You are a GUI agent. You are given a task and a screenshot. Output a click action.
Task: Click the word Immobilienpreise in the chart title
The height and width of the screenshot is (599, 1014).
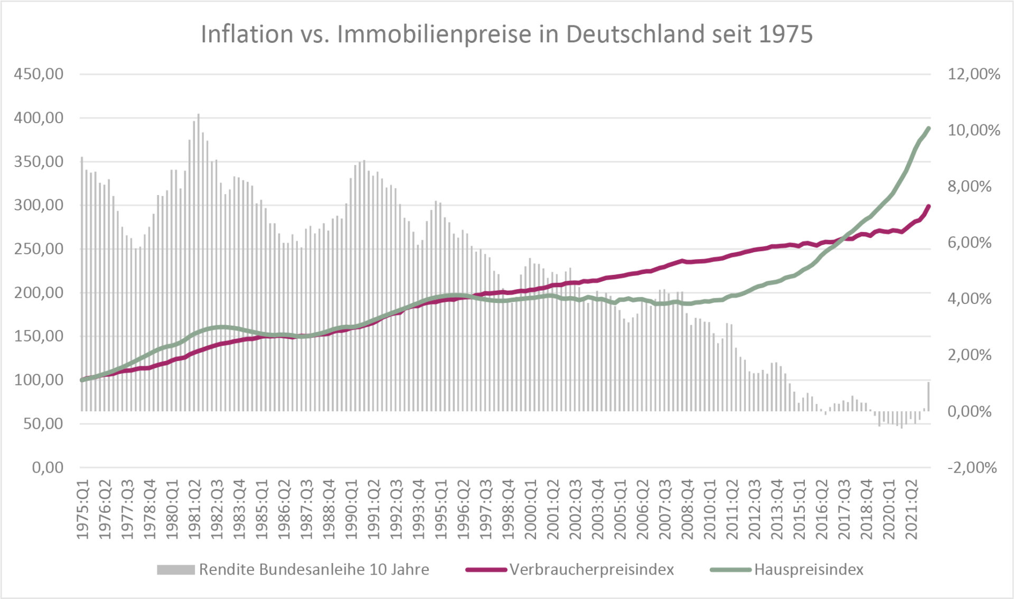tap(434, 34)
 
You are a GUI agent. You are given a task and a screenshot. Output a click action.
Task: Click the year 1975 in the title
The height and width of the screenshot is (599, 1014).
tap(785, 34)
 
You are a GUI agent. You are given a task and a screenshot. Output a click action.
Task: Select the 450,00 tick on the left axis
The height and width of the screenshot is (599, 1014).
tap(39, 74)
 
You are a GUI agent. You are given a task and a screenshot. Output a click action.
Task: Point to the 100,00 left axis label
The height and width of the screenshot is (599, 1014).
tap(39, 380)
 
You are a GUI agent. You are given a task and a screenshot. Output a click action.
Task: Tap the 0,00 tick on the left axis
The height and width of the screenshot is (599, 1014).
tap(48, 467)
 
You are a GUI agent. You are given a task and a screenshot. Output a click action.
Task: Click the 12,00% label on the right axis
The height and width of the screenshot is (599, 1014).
tap(973, 74)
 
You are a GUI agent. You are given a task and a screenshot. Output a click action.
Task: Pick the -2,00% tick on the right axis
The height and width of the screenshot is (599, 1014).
tap(972, 467)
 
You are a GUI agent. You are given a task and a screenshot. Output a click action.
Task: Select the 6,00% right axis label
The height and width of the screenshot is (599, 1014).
tap(969, 243)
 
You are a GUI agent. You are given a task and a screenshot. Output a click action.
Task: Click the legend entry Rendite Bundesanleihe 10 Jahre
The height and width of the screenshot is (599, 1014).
tap(314, 569)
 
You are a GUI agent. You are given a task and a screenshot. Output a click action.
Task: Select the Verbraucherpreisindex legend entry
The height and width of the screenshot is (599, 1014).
tap(591, 569)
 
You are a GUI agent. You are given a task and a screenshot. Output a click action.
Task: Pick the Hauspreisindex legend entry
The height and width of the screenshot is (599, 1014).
tap(809, 569)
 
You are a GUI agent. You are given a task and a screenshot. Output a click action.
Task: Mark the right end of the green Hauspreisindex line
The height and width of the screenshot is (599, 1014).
tap(928, 128)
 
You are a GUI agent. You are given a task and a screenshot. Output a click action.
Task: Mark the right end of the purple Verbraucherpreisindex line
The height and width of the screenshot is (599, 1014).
tap(928, 206)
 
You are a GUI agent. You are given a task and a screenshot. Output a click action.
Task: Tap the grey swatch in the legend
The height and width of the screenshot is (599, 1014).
tap(175, 569)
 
